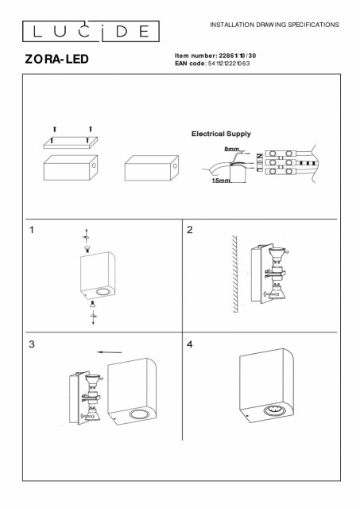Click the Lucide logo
pyautogui.click(x=91, y=31)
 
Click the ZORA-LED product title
pyautogui.click(x=56, y=59)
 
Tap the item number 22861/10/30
pyautogui.click(x=238, y=56)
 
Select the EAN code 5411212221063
pyautogui.click(x=229, y=64)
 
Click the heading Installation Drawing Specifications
pyautogui.click(x=274, y=25)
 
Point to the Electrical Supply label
pyautogui.click(x=221, y=134)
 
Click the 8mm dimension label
pyautogui.click(x=231, y=150)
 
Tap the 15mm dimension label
pyautogui.click(x=221, y=181)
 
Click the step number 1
pyautogui.click(x=32, y=230)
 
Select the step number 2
pyautogui.click(x=190, y=230)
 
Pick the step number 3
pyautogui.click(x=32, y=344)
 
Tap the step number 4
pyautogui.click(x=190, y=344)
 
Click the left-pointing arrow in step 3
pyautogui.click(x=110, y=352)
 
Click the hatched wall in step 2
pyautogui.click(x=234, y=274)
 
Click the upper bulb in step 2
pyautogui.click(x=277, y=253)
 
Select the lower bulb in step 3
pyautogui.click(x=92, y=414)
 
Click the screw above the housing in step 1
pyautogui.click(x=87, y=249)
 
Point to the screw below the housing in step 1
pyautogui.click(x=94, y=304)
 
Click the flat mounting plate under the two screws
pyautogui.click(x=71, y=142)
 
